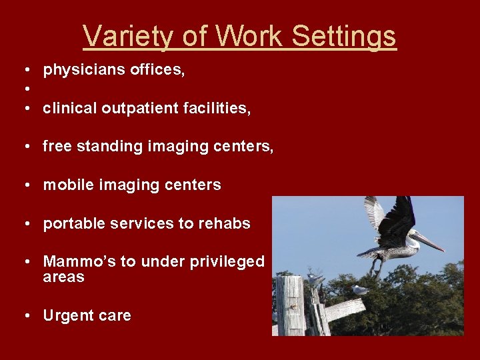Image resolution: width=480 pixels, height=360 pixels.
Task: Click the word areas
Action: pos(63,277)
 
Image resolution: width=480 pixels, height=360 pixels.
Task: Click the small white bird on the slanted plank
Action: pos(361,290)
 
